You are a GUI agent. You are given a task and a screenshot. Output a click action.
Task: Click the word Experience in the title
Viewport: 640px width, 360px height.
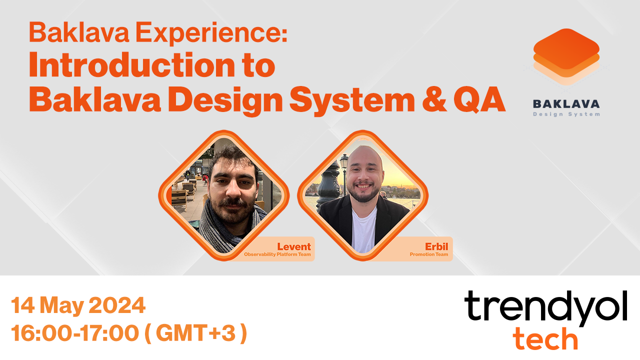[211, 33]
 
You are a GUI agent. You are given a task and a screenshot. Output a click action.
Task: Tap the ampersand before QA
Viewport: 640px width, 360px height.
[434, 98]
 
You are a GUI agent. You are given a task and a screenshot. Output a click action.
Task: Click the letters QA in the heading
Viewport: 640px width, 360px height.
[479, 99]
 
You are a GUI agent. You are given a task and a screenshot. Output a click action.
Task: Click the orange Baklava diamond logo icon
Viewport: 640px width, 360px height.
[566, 57]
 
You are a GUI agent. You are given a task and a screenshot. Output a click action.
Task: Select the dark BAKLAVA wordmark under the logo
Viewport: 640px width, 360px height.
[566, 104]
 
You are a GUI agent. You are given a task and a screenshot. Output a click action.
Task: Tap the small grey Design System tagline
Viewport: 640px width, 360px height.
[566, 114]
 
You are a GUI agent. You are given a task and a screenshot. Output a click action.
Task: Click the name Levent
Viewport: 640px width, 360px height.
[293, 246]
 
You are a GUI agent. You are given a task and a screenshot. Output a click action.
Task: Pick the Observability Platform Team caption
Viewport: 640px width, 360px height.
[277, 254]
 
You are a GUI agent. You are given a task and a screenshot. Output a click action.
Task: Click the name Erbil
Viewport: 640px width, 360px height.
[436, 246]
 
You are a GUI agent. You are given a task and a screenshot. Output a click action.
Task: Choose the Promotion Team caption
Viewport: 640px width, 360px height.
[429, 254]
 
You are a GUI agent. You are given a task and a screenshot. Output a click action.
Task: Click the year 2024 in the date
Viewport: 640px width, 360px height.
[117, 305]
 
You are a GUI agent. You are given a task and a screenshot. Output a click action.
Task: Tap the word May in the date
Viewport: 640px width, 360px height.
[61, 306]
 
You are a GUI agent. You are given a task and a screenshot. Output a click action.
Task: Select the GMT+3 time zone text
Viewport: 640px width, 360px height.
[195, 333]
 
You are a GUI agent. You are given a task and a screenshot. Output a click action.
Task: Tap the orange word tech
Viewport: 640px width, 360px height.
[545, 338]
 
